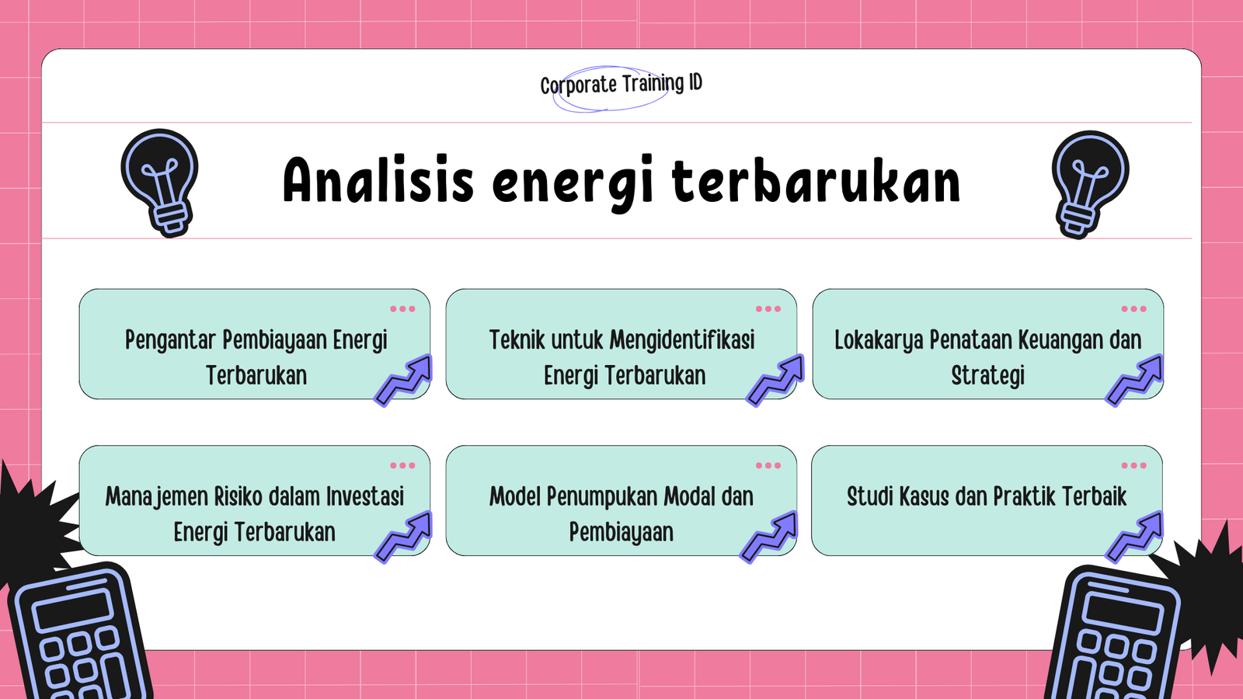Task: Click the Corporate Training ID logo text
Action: [x=621, y=84]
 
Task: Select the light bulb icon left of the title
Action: [x=161, y=182]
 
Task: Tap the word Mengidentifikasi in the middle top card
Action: [x=682, y=340]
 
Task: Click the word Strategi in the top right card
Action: [x=987, y=376]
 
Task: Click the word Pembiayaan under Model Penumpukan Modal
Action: [x=621, y=533]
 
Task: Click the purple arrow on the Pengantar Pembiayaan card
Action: [x=404, y=381]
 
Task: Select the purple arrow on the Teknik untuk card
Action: [x=775, y=381]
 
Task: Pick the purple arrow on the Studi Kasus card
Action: [x=1135, y=537]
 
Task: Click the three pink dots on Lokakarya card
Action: [x=1133, y=309]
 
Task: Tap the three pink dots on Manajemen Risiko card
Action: [x=402, y=466]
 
